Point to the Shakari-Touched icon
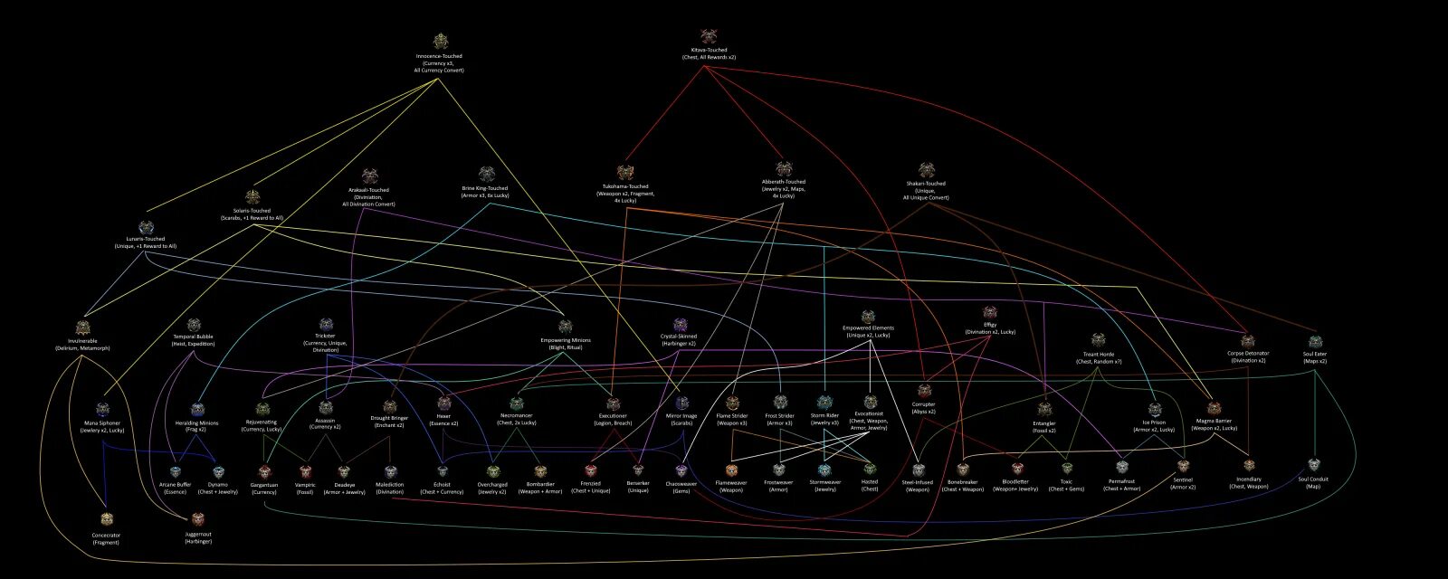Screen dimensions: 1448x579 pyautogui.click(x=926, y=169)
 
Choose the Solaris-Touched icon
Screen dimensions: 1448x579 pyautogui.click(x=252, y=196)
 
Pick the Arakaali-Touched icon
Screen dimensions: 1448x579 pyautogui.click(x=369, y=176)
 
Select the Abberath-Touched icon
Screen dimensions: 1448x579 pyautogui.click(x=783, y=168)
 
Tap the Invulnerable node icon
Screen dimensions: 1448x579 pyautogui.click(x=84, y=327)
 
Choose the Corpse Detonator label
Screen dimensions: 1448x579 pyautogui.click(x=1248, y=356)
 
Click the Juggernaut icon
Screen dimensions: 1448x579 pyautogui.click(x=198, y=518)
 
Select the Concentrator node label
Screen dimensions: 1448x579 pyautogui.click(x=106, y=538)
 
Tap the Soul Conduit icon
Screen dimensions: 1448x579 pyautogui.click(x=1313, y=463)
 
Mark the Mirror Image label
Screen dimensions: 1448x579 pyautogui.click(x=681, y=420)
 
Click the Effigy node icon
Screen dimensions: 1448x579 pyautogui.click(x=989, y=312)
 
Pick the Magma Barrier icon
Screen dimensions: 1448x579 pyautogui.click(x=1214, y=408)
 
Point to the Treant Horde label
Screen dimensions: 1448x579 pyautogui.click(x=1099, y=357)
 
